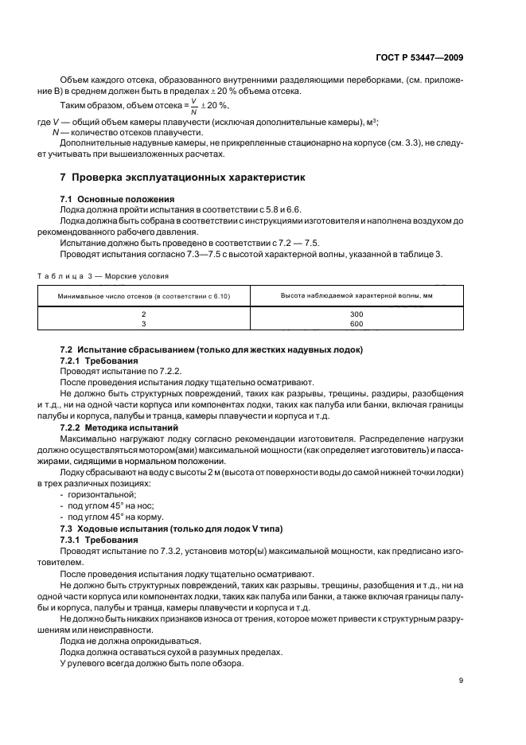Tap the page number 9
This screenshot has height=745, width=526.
click(462, 680)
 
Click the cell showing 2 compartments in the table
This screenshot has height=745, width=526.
click(144, 314)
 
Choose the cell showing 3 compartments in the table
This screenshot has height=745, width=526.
click(144, 324)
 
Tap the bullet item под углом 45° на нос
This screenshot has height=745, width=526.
click(105, 505)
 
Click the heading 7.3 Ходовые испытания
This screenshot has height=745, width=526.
click(171, 529)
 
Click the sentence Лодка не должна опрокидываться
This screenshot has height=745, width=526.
click(119, 618)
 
